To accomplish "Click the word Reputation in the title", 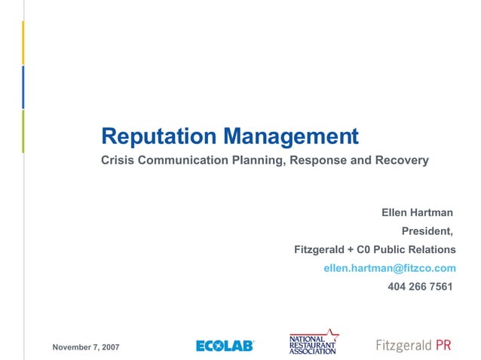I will (159, 136).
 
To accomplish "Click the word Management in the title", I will (290, 136).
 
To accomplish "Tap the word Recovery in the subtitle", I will (403, 160).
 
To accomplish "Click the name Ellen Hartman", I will (417, 213).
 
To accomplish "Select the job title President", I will (427, 231).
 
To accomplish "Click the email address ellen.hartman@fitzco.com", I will (390, 268).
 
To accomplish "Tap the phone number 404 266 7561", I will (420, 286).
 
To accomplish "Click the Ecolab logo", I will (225, 346).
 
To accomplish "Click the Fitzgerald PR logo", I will (413, 345).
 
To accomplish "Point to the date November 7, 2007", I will (85, 346).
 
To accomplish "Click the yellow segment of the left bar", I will (23, 42).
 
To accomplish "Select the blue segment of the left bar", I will (23, 87).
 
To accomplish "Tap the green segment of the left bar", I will (23, 131).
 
